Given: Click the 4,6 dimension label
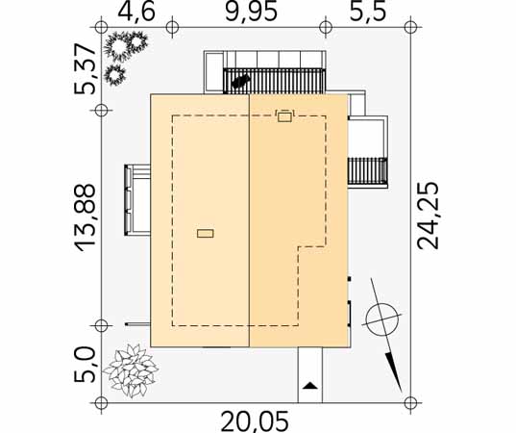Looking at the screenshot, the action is point(136,13).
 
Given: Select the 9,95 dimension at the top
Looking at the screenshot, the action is point(251,13).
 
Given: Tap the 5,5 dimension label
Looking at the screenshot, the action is point(368,13).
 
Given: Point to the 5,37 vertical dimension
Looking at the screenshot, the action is point(85,69).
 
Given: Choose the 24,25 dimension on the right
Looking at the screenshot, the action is point(428,216).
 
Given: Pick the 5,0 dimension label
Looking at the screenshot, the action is point(85,365).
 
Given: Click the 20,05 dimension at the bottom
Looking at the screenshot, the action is point(255,422).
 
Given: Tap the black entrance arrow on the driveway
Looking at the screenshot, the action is point(309,386).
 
